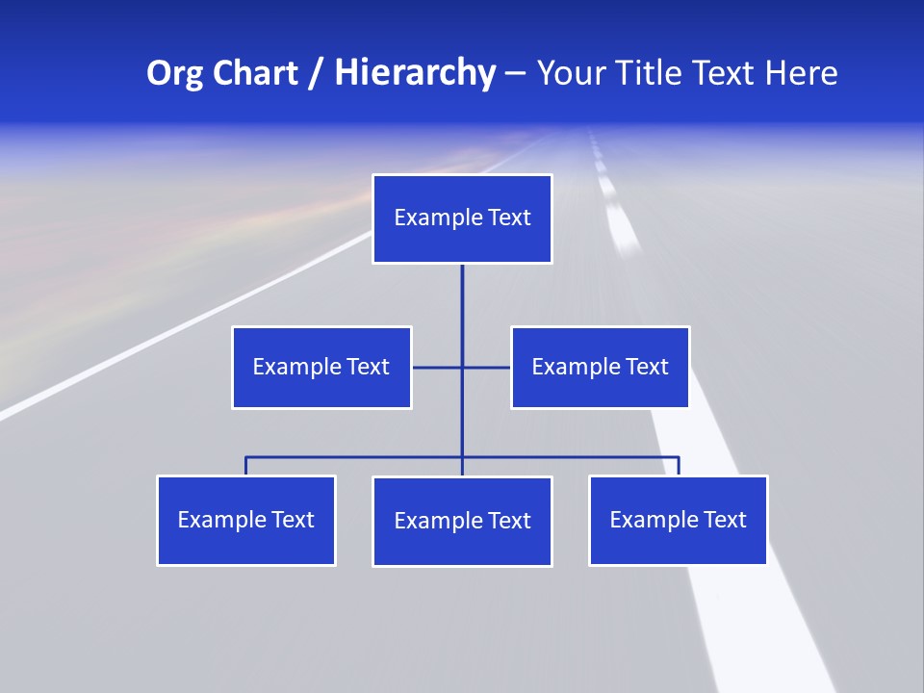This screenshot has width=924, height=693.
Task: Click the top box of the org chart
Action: [x=462, y=218]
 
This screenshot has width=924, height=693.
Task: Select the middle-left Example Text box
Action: [x=321, y=367]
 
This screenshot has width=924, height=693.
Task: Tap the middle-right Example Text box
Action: [x=600, y=367]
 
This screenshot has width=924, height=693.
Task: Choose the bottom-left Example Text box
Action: [x=246, y=520]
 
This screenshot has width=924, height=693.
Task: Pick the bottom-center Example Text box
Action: [x=462, y=521]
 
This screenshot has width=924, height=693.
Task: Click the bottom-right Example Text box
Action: [x=678, y=520]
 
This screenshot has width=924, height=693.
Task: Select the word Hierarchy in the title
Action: [x=415, y=73]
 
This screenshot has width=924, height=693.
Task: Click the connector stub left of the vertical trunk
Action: [x=437, y=367]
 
